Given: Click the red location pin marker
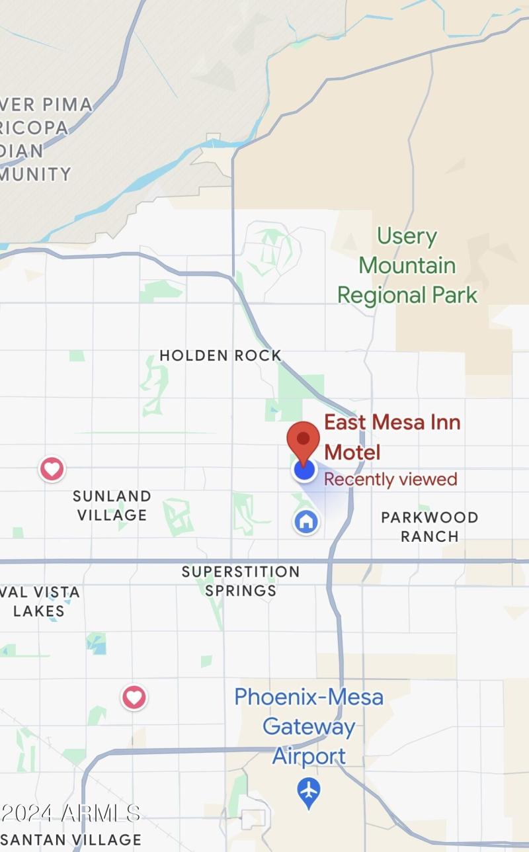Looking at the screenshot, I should point(303,439).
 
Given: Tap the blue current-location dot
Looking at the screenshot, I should point(304,470).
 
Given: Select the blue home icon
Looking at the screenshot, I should point(305,521).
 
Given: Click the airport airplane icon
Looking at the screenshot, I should point(308,792).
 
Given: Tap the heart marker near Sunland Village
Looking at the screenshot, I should point(52,469).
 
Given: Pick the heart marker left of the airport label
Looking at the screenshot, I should point(134,697).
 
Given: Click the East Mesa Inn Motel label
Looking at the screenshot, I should point(391,437).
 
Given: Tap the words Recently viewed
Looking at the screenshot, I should point(390,480).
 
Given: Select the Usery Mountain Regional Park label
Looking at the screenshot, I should point(407,265).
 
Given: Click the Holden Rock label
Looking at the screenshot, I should point(220,355).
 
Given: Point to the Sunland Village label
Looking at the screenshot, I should point(112,505).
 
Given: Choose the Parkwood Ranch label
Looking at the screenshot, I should point(429,527).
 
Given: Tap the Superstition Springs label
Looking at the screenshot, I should point(241,581).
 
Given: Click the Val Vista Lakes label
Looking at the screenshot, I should point(40,601).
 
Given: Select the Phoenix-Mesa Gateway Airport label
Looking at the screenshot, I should point(309,726).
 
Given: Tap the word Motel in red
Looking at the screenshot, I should point(353,452).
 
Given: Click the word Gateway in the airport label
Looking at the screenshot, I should point(309,727).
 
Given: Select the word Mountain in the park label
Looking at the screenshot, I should point(407,265).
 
